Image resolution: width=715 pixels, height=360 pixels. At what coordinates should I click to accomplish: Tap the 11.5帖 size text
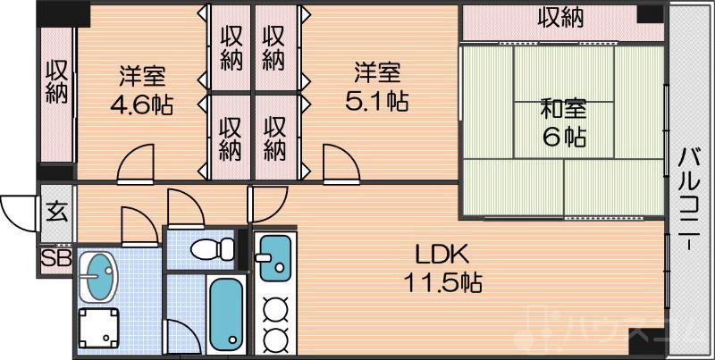click(438, 283)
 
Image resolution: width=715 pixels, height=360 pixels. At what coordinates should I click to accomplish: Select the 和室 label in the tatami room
click(563, 110)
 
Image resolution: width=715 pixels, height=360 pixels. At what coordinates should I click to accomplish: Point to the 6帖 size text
click(563, 138)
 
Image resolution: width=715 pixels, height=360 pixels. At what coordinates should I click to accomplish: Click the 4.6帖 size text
click(141, 105)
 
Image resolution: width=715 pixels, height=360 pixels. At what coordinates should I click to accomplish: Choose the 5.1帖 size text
click(376, 100)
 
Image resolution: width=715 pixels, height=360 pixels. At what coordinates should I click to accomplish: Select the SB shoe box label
click(55, 259)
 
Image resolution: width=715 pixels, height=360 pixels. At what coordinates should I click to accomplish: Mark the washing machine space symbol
click(97, 329)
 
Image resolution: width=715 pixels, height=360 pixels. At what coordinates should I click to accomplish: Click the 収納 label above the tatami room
click(560, 17)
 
